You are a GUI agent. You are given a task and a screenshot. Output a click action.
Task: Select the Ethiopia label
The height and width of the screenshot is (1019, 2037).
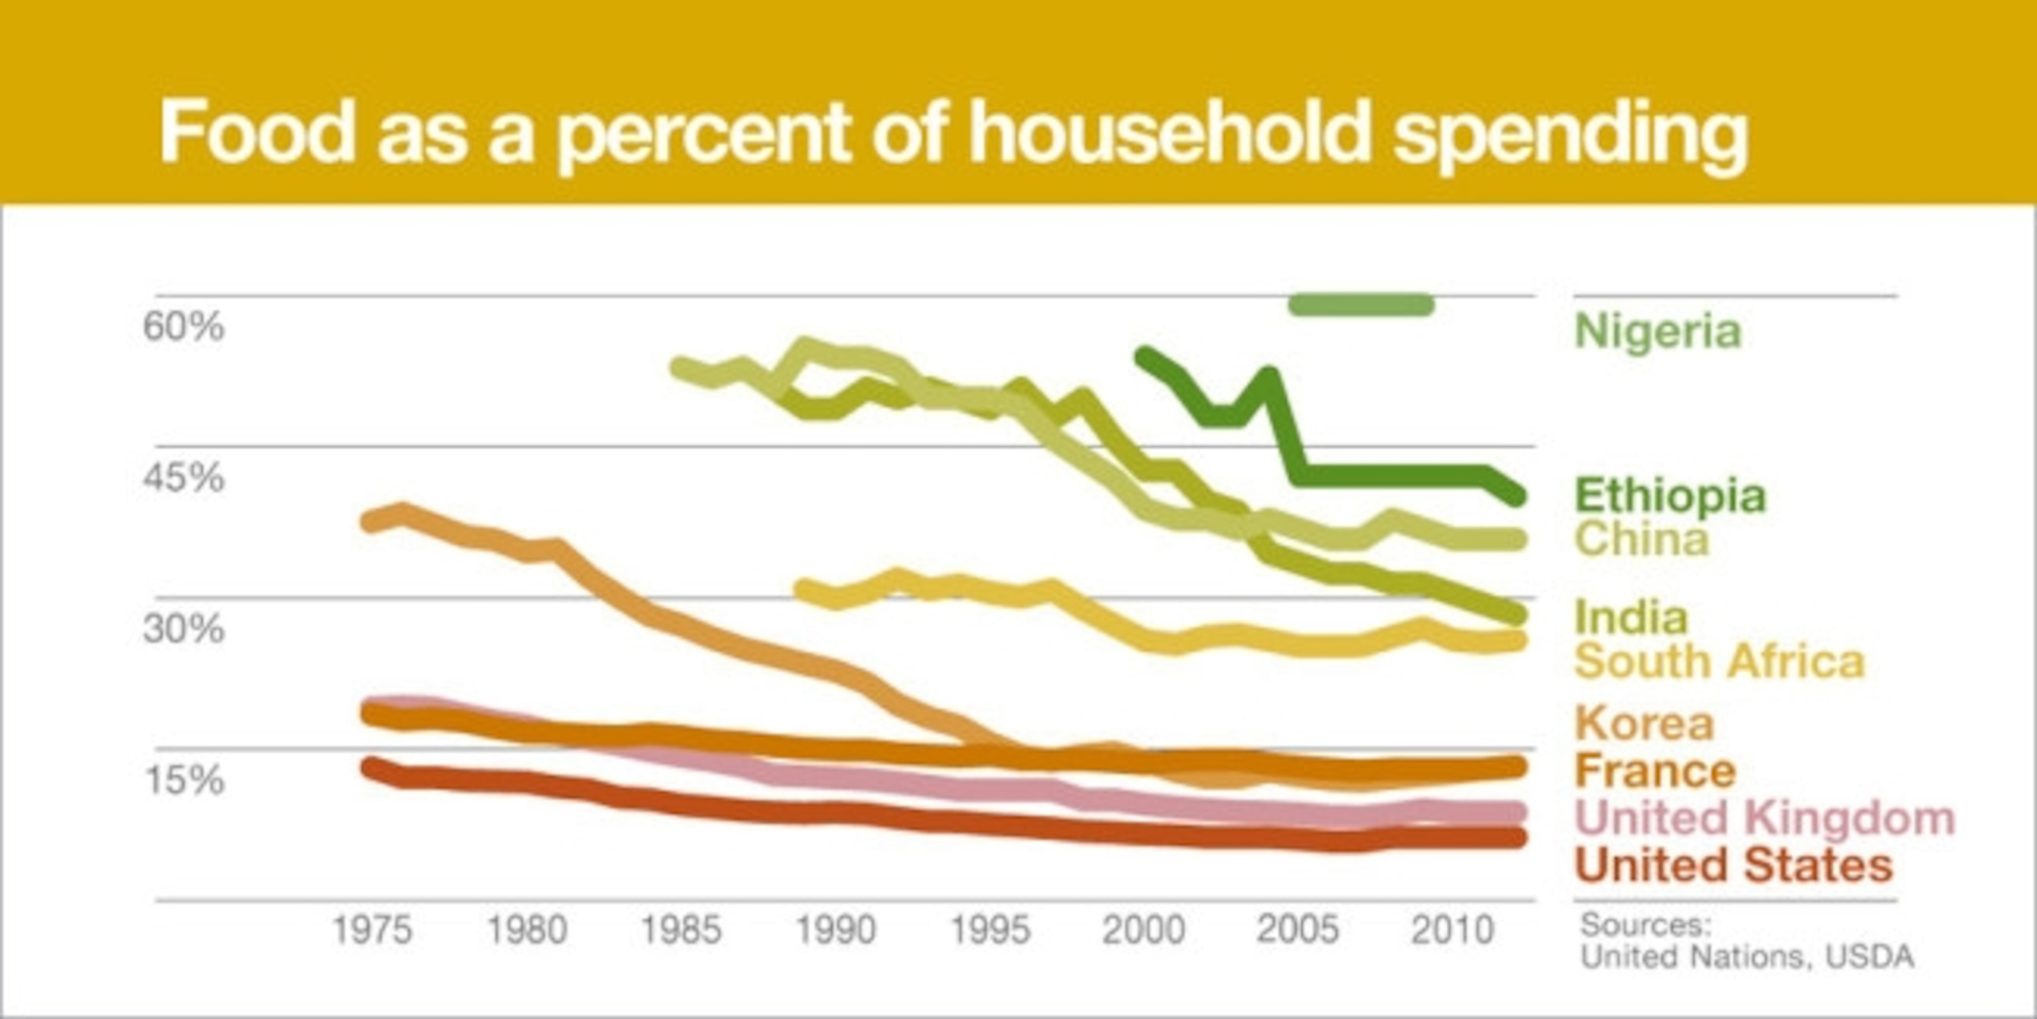coord(1670,496)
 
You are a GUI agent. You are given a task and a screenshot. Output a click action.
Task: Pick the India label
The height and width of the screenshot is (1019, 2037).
coord(1631,617)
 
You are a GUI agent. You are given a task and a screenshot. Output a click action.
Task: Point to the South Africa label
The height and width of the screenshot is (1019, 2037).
coord(1720,661)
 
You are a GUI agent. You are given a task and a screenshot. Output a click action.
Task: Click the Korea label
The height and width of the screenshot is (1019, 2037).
coord(1644,723)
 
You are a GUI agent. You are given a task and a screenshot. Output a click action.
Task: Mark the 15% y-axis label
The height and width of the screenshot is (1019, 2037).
coord(184,780)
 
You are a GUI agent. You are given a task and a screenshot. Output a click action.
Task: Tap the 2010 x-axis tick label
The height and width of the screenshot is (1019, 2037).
coord(1453,929)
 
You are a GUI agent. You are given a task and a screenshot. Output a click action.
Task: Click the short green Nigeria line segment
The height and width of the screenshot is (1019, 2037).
coord(1361,305)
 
